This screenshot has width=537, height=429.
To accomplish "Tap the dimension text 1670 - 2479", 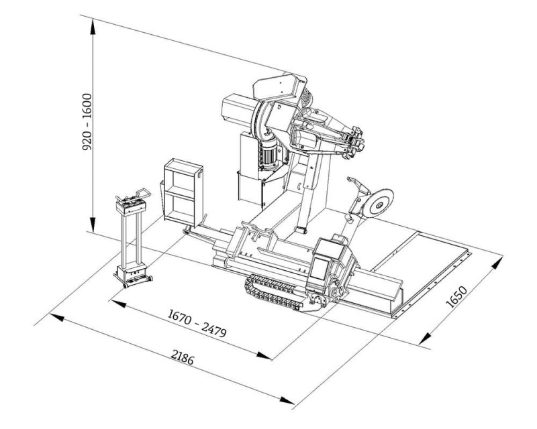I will (197, 322).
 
